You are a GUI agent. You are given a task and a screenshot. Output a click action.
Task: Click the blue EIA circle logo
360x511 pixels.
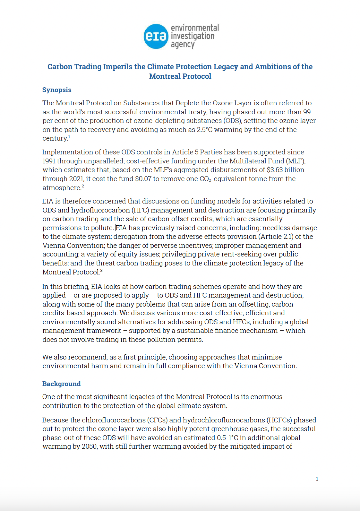(156, 36)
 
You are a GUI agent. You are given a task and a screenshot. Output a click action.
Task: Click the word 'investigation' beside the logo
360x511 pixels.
(193, 36)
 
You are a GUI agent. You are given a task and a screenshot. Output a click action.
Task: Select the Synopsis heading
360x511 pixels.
(57, 90)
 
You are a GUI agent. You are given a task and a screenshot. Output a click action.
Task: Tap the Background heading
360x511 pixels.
(61, 384)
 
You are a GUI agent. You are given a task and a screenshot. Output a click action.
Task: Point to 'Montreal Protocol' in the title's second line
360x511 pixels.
(180, 76)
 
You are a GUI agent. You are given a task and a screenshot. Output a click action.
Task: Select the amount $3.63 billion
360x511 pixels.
(286, 170)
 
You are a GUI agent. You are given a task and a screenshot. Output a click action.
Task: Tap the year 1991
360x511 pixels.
(49, 161)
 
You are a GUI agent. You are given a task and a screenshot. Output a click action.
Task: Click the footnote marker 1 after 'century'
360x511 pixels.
(69, 137)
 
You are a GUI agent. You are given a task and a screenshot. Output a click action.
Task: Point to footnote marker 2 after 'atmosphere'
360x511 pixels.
(83, 186)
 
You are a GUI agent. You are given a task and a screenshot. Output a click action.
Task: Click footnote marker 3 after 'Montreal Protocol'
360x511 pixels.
(101, 271)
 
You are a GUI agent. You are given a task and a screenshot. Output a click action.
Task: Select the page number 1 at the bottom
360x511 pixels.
(317, 479)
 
